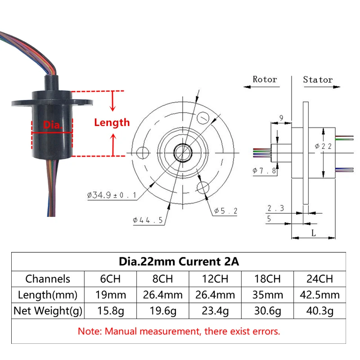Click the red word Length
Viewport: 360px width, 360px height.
(112, 122)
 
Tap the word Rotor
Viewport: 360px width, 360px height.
(265, 80)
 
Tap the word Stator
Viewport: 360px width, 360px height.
(318, 80)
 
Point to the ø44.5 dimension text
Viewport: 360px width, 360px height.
(148, 220)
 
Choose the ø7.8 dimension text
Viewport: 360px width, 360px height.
(265, 171)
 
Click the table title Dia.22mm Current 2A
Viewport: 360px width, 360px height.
(179, 261)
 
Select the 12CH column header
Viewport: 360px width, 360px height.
(215, 279)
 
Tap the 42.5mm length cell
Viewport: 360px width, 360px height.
(319, 295)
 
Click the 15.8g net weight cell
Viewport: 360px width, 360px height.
(110, 310)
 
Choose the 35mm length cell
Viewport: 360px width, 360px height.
(267, 295)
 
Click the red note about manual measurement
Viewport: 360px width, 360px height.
(179, 332)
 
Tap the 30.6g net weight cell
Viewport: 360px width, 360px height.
(267, 310)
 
